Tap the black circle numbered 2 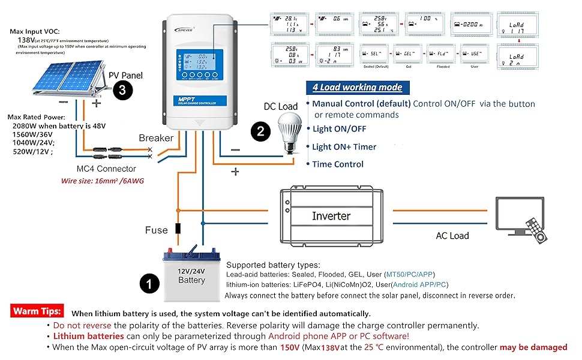click(x=260, y=132)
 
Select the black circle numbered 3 click(x=122, y=91)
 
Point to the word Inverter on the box click(x=331, y=215)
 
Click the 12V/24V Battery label click(x=191, y=275)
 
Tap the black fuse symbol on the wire click(x=178, y=229)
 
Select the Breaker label click(x=156, y=138)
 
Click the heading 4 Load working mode click(x=356, y=88)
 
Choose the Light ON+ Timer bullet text click(x=344, y=146)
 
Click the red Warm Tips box click(x=37, y=311)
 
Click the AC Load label click(x=452, y=236)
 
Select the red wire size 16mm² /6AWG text click(x=103, y=181)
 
